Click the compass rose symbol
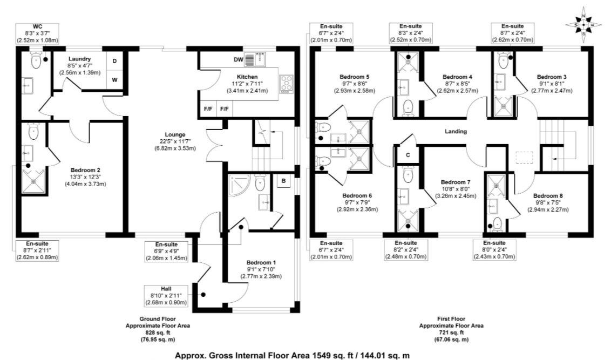pyautogui.click(x=583, y=25)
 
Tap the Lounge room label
pyautogui.click(x=175, y=135)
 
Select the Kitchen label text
pyautogui.click(x=247, y=77)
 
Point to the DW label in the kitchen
pyautogui.click(x=239, y=59)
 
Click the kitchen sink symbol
pyautogui.click(x=256, y=59)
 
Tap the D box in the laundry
pyautogui.click(x=114, y=61)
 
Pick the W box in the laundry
pyautogui.click(x=114, y=80)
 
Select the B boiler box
pyautogui.click(x=284, y=181)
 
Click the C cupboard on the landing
pyautogui.click(x=408, y=155)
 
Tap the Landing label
pyautogui.click(x=456, y=131)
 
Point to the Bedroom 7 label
pyautogui.click(x=456, y=182)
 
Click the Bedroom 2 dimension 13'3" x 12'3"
pyautogui.click(x=85, y=177)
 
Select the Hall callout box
pyautogui.click(x=166, y=296)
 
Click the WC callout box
pyautogui.click(x=37, y=33)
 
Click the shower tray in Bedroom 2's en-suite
pyautogui.click(x=33, y=181)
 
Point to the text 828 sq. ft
pyautogui.click(x=158, y=332)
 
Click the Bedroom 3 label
pyautogui.click(x=552, y=77)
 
